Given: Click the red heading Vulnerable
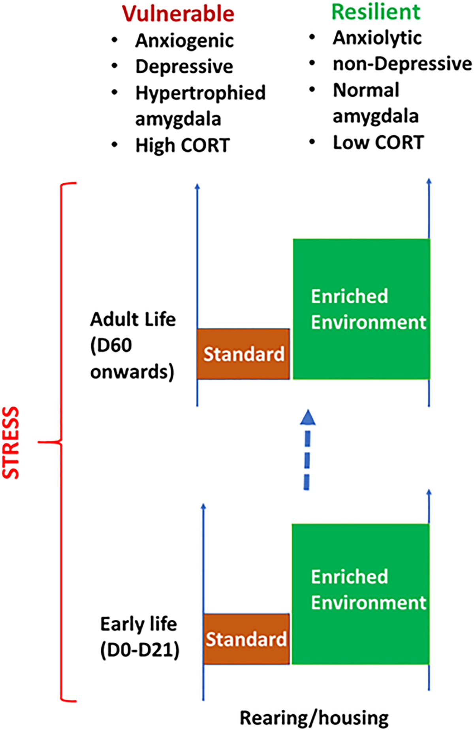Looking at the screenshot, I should (178, 14).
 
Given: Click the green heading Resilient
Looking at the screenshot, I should (376, 12).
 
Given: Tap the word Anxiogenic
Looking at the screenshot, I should (184, 41).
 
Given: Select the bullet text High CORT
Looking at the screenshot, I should (182, 145).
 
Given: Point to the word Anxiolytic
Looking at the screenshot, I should (377, 38).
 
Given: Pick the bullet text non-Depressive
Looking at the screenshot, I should (402, 64).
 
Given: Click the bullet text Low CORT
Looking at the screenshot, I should (378, 143).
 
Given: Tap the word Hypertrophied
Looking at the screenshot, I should (200, 93).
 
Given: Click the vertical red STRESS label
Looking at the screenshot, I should (11, 442).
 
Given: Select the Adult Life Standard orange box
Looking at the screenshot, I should (243, 354).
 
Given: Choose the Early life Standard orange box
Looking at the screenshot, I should (246, 639).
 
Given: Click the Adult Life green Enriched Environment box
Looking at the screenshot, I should (361, 309).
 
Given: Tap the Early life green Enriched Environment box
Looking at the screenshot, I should (361, 594).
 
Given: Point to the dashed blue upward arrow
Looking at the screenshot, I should (307, 450).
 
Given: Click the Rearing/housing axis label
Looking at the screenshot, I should (314, 717).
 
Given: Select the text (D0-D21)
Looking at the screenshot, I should (140, 650).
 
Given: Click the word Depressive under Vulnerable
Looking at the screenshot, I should (184, 67).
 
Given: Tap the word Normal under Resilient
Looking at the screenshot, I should (366, 90).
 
